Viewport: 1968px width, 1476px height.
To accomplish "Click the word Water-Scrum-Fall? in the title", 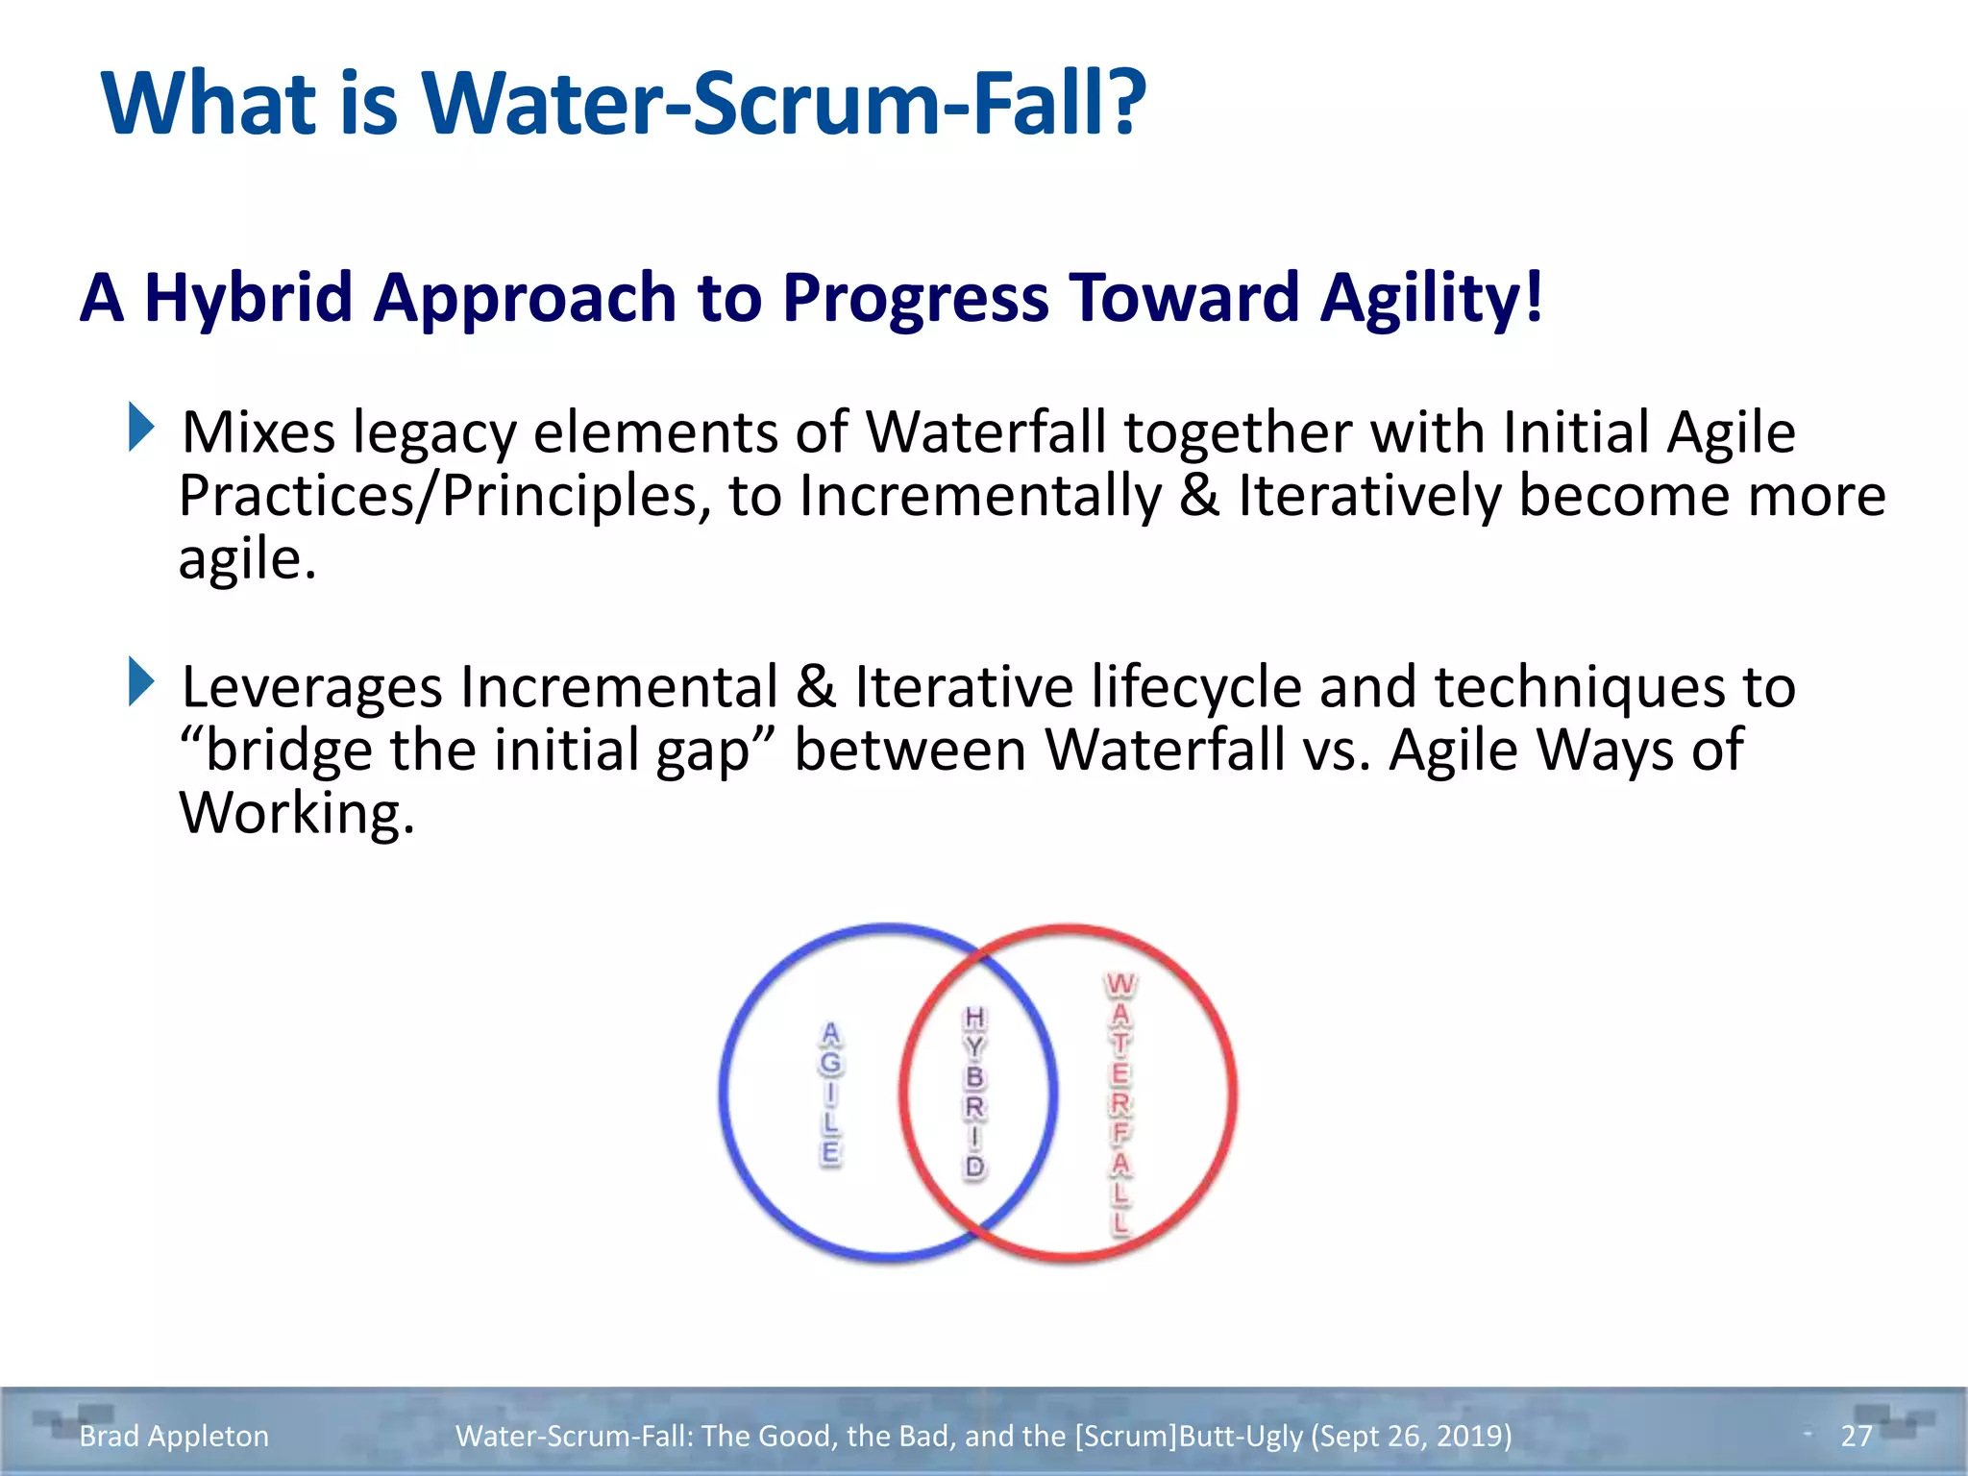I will [x=783, y=103].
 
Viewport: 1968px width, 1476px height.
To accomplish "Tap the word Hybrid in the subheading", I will [x=248, y=297].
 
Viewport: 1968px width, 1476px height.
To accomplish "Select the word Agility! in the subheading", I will [x=1432, y=297].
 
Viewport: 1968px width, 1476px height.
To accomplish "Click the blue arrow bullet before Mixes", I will [x=140, y=428].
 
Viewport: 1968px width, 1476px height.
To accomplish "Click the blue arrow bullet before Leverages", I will [x=140, y=681].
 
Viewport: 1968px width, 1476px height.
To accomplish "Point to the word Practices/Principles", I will [x=444, y=497].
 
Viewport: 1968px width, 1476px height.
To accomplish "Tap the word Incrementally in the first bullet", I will [x=980, y=497].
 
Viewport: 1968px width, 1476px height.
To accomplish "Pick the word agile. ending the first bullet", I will [x=247, y=559].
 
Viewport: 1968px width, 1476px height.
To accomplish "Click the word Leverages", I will [x=312, y=687].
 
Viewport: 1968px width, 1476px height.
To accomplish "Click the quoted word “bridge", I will [x=277, y=750].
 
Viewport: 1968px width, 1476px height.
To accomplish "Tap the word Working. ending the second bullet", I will [x=297, y=813].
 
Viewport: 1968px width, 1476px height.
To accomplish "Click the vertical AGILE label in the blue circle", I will [x=830, y=1094].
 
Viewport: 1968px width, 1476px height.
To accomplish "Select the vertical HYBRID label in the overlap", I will [x=974, y=1093].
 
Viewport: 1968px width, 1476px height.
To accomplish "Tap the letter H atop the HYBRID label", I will [x=974, y=1018].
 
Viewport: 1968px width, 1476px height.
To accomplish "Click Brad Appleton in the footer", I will [x=174, y=1436].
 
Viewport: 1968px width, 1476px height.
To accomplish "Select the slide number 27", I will [x=1856, y=1436].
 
